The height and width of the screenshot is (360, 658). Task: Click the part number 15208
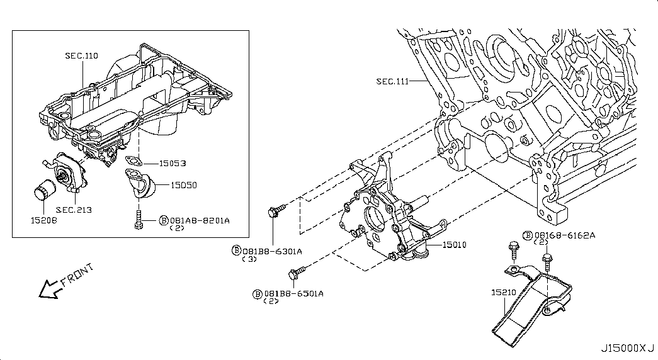(43, 220)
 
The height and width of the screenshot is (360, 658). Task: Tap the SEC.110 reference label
(81, 55)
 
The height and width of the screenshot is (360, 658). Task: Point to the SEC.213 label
(74, 210)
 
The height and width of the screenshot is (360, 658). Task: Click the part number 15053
(173, 163)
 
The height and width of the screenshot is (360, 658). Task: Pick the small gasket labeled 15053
(134, 160)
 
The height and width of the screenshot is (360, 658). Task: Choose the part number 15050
(183, 185)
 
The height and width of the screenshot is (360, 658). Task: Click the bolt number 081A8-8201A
(200, 220)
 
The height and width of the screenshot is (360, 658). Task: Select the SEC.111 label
(392, 81)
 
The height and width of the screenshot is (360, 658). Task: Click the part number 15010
(455, 244)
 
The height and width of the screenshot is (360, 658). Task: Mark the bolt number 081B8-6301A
(272, 251)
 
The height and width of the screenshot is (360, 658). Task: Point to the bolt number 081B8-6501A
(293, 294)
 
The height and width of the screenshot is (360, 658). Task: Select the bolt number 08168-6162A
(564, 235)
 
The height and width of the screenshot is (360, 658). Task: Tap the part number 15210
(504, 292)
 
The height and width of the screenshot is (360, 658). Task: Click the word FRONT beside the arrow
(77, 274)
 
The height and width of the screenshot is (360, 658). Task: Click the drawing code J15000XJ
(627, 348)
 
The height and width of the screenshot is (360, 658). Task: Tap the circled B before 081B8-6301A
(237, 250)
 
